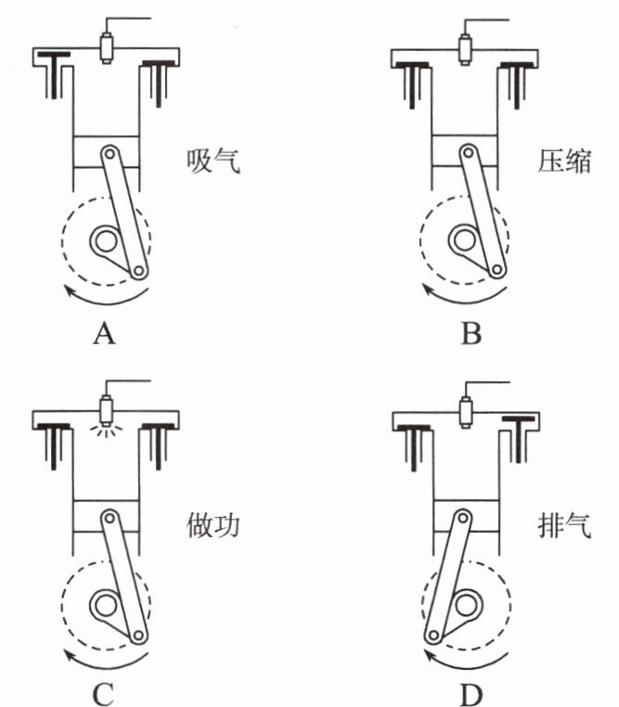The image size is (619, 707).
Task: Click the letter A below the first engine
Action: (104, 334)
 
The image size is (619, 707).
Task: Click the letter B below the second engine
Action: (471, 334)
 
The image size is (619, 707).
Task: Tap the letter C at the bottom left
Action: (103, 695)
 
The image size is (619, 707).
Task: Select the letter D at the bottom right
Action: (471, 695)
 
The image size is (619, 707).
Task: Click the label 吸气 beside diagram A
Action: (213, 161)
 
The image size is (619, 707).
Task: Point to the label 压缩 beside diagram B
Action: (564, 161)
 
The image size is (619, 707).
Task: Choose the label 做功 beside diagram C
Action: (213, 525)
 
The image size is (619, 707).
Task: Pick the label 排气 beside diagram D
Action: (564, 525)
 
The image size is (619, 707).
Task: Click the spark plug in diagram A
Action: (106, 47)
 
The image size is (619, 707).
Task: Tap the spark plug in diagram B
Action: (465, 48)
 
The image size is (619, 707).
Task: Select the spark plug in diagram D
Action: (466, 412)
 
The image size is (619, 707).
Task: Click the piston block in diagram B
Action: (465, 151)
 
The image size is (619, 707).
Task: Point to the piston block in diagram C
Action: (106, 516)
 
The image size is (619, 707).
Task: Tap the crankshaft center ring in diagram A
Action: (105, 241)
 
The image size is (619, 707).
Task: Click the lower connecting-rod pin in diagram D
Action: (433, 636)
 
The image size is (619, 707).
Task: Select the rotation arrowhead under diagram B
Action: (429, 289)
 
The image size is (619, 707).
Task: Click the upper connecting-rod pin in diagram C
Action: (109, 518)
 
